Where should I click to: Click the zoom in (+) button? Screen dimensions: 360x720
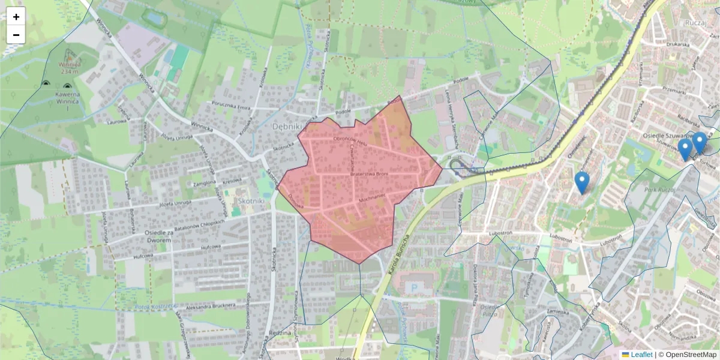click(x=16, y=17)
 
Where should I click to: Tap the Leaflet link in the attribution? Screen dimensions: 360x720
click(x=641, y=355)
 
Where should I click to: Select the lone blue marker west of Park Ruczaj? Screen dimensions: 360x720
click(x=581, y=182)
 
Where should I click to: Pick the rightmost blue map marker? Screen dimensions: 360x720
click(x=699, y=143)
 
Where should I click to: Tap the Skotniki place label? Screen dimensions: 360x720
click(x=251, y=201)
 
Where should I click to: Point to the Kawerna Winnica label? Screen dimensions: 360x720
click(x=68, y=99)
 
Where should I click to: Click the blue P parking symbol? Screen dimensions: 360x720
click(x=413, y=289)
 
